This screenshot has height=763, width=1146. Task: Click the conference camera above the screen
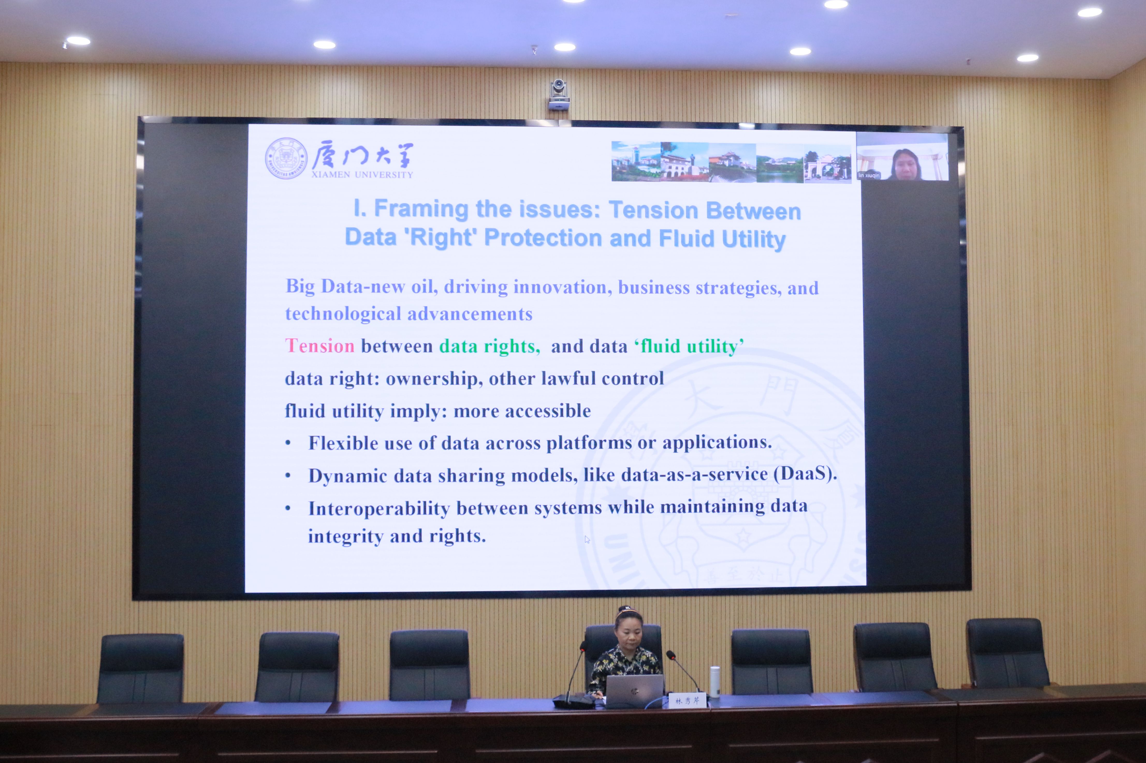click(559, 95)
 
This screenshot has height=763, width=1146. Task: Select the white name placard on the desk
click(687, 701)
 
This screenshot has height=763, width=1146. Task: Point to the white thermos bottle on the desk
click(714, 682)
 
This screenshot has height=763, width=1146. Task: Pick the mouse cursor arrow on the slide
click(587, 539)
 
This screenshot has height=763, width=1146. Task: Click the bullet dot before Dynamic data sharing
click(288, 475)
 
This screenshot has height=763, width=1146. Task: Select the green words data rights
click(490, 346)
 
